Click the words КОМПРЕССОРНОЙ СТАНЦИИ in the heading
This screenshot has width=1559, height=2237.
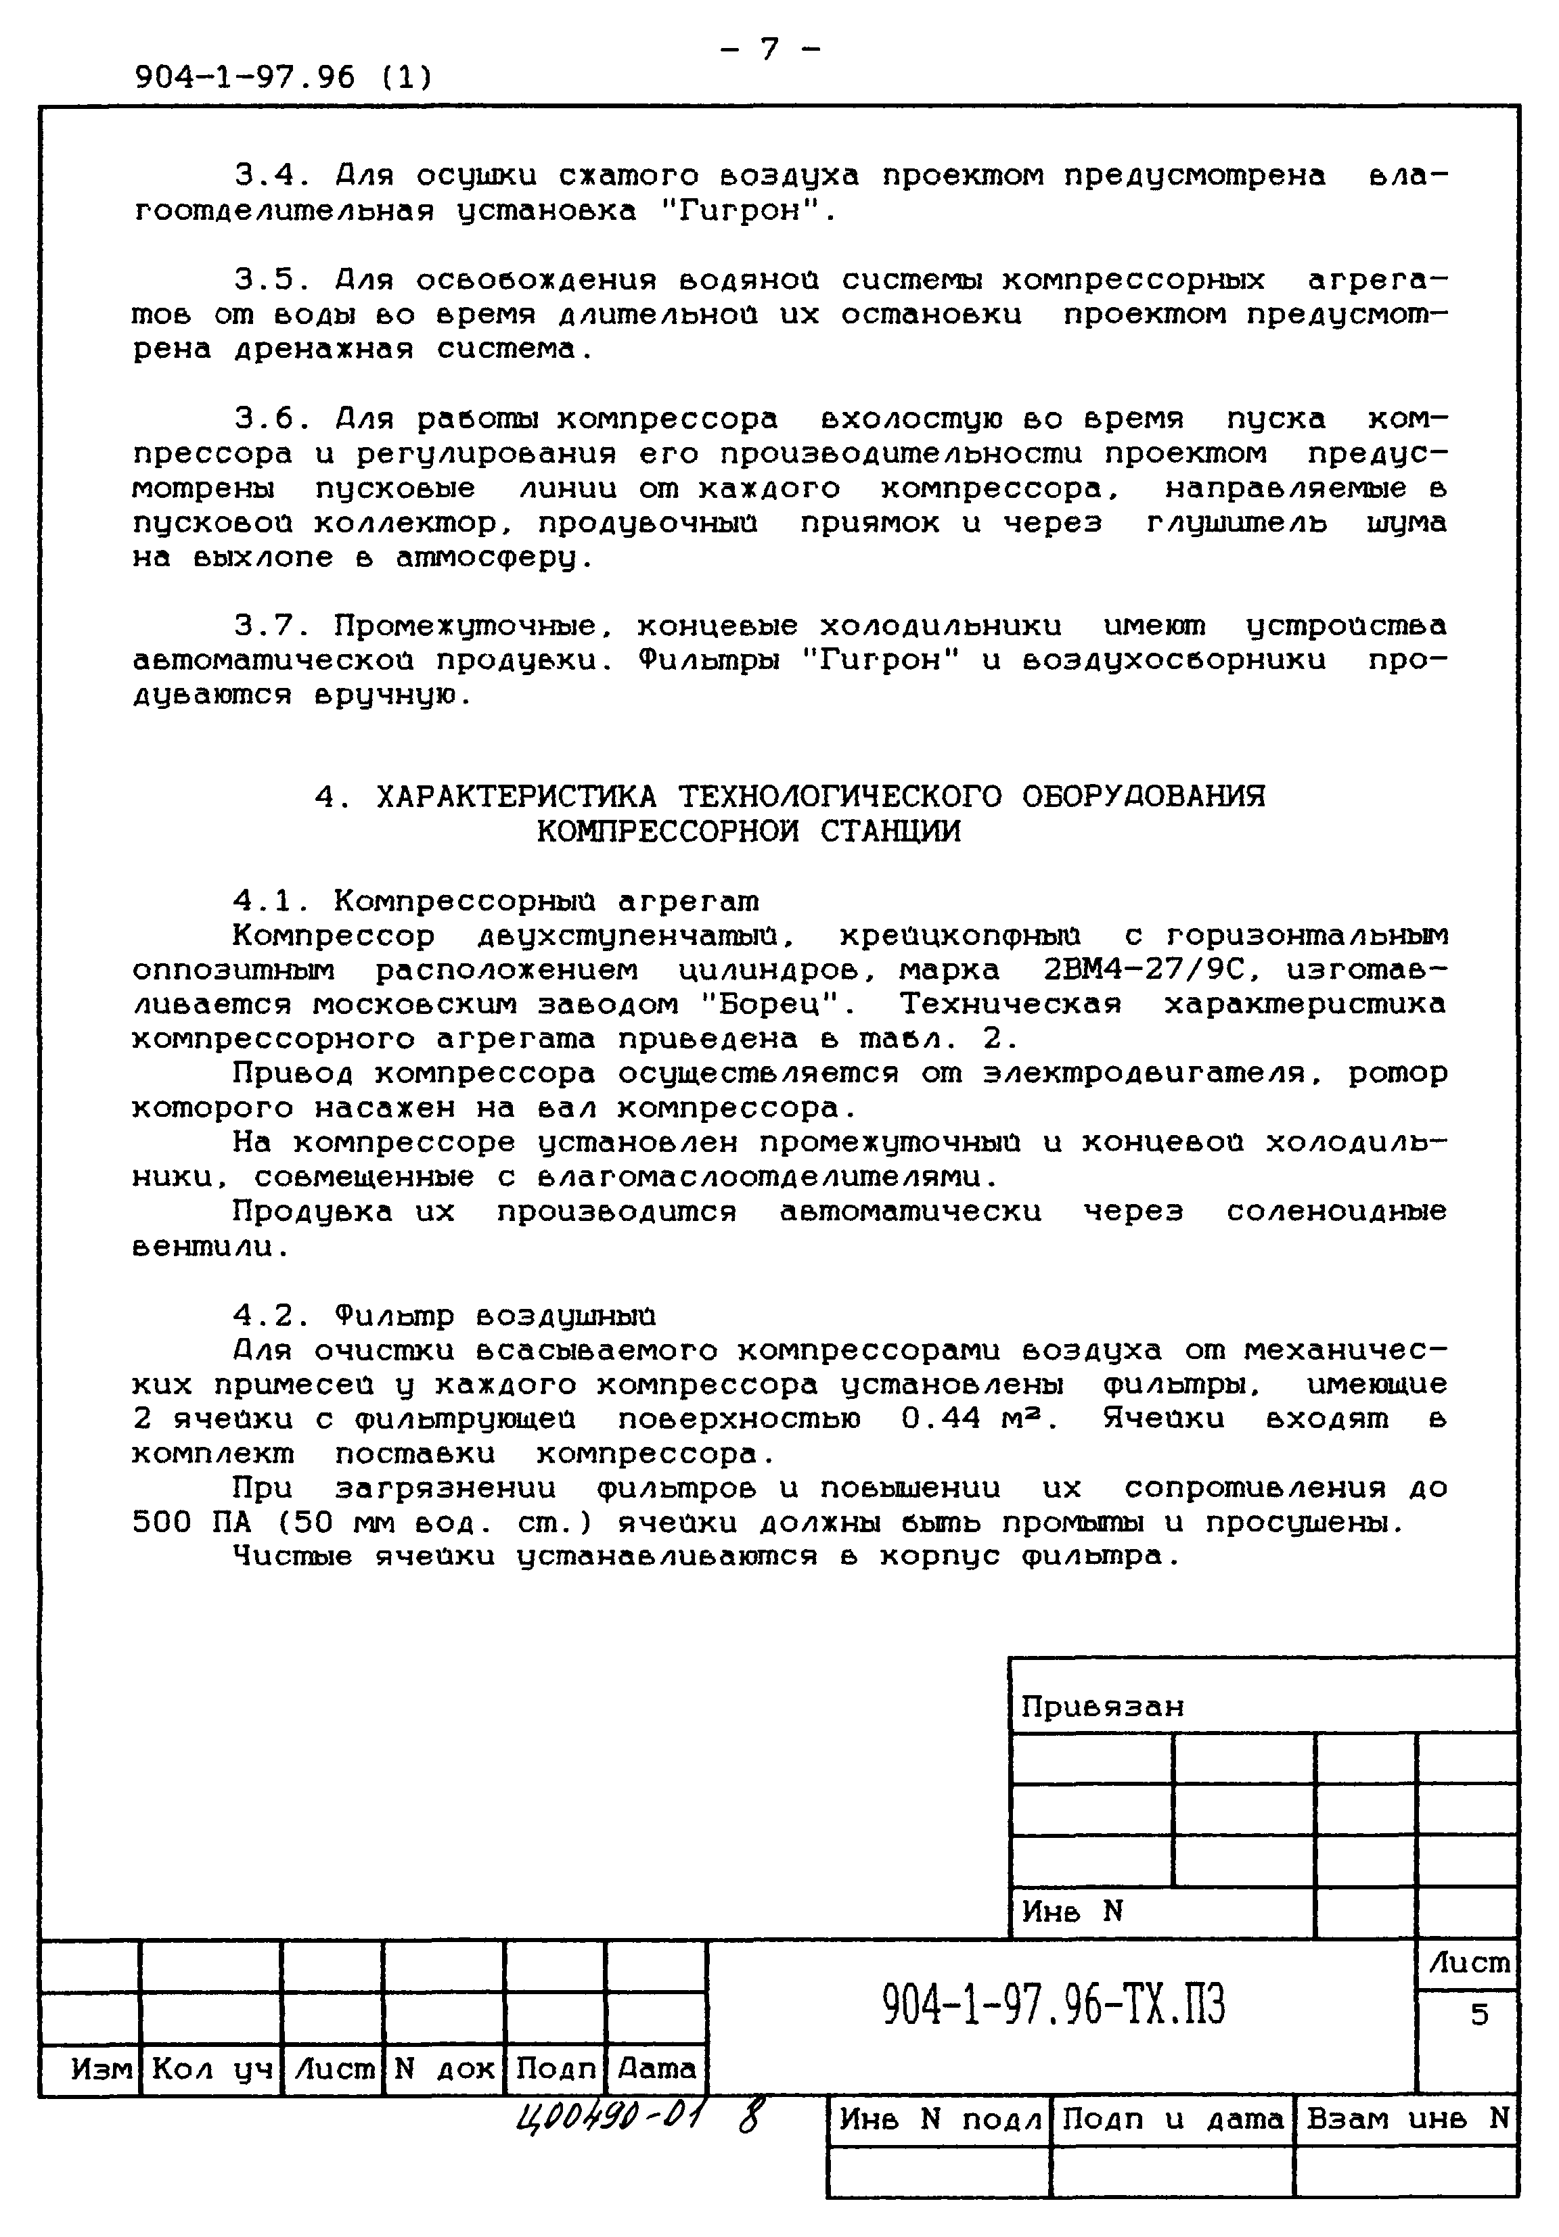point(748,831)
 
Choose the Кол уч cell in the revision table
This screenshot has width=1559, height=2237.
point(211,2069)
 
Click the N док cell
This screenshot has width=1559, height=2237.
point(445,2069)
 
